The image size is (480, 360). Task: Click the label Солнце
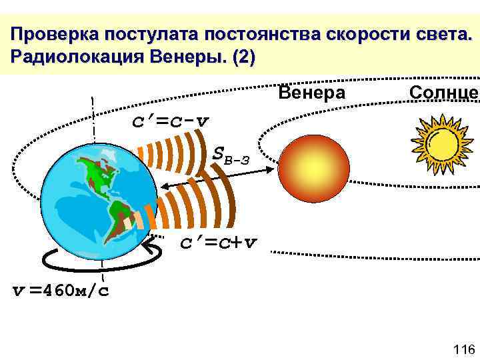443,93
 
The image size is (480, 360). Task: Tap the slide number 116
462,349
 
